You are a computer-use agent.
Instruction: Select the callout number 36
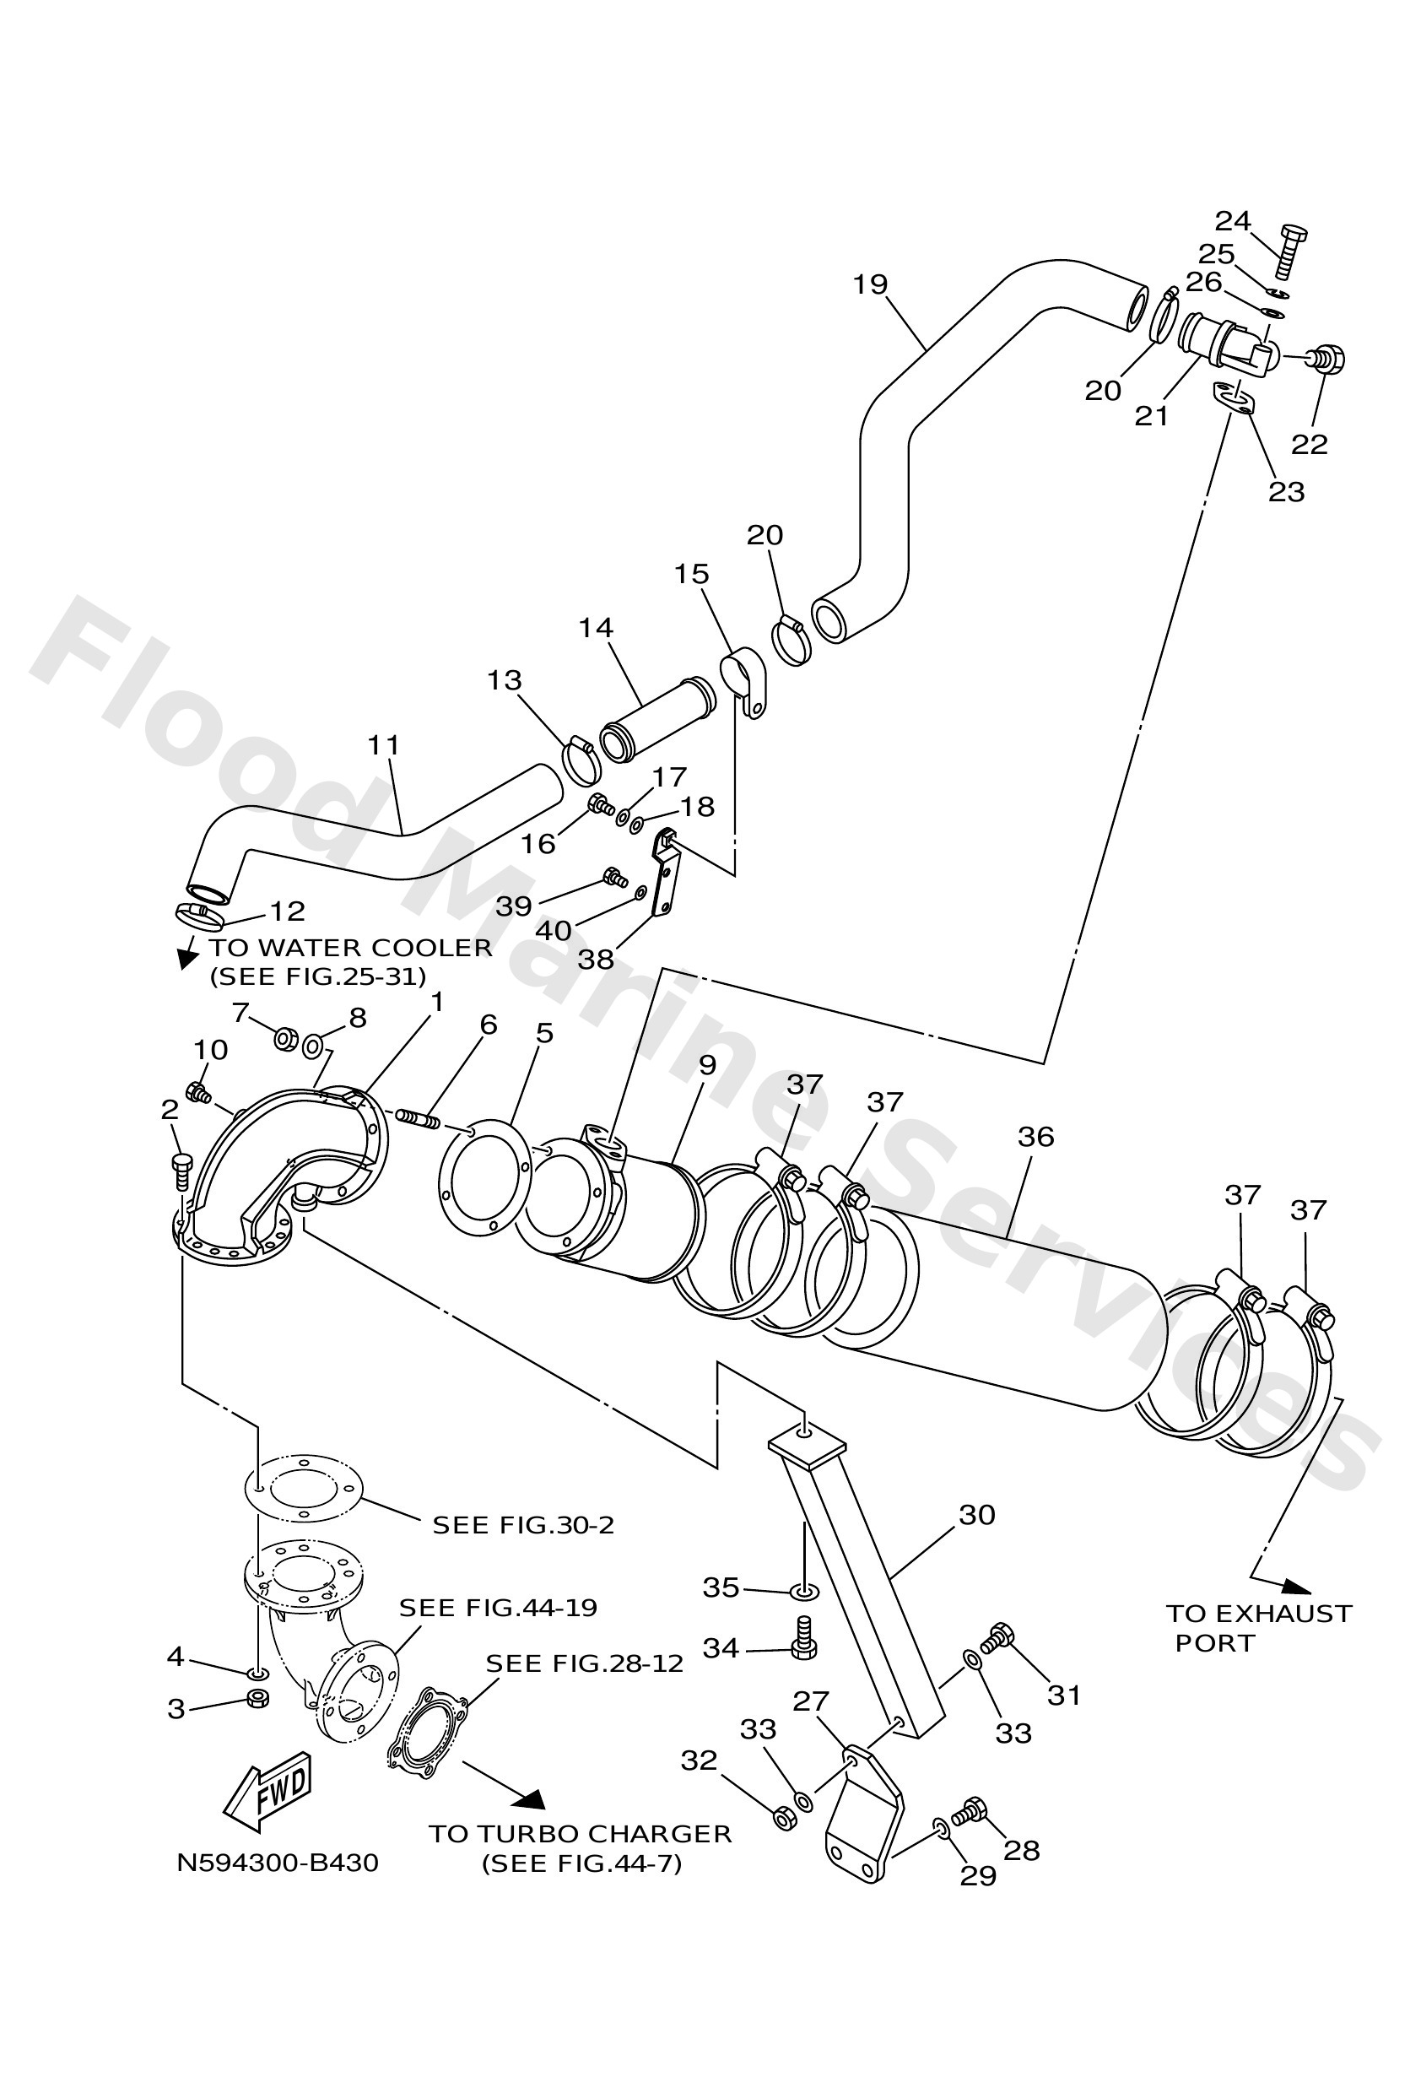pos(1035,1137)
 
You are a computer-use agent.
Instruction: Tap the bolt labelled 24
pos(1290,251)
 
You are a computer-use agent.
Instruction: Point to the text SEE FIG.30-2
pos(523,1525)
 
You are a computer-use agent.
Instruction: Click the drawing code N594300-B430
pos(278,1863)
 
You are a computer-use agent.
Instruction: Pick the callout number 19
pos(870,284)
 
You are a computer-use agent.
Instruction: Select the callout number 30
pos(976,1515)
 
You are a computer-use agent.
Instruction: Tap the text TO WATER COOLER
pos(351,948)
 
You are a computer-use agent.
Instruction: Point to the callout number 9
pos(707,1064)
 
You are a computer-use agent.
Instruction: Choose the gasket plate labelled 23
pos(1230,399)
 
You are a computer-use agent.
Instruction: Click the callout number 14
pos(595,628)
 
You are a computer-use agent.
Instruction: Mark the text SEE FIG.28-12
pos(585,1663)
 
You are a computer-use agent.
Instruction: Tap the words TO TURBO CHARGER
pos(580,1834)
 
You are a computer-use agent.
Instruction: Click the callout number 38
pos(595,960)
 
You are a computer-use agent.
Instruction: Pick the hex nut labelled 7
pos(284,1039)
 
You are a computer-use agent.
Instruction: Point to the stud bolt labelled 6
pos(418,1118)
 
